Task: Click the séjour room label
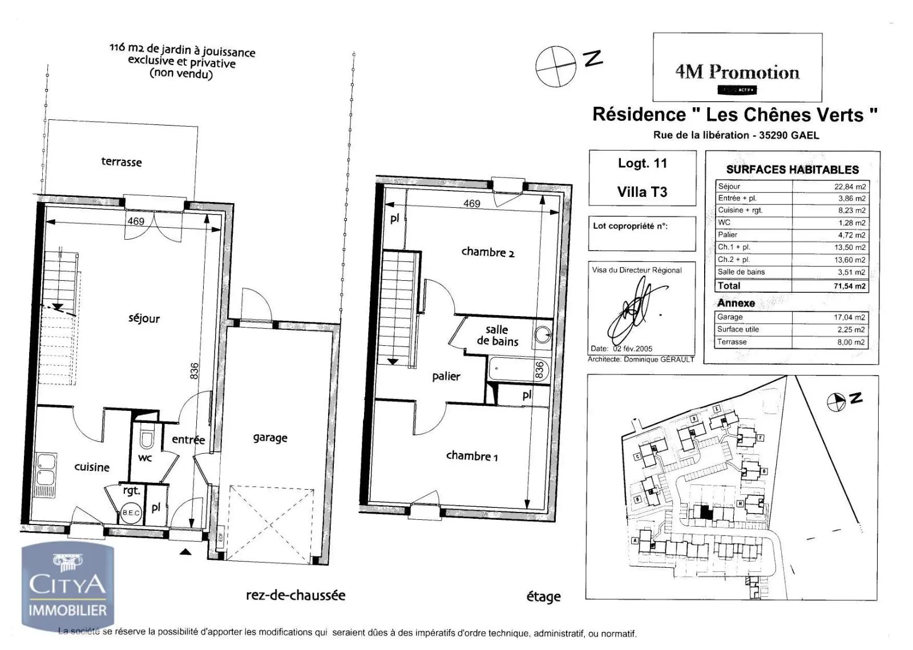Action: coord(144,318)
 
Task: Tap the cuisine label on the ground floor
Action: coord(92,467)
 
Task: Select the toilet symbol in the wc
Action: coord(147,439)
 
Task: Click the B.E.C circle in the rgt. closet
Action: coord(131,512)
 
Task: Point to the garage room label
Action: coord(270,438)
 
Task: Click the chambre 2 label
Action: coord(487,252)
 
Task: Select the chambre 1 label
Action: coord(471,455)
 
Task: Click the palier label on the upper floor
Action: coord(446,376)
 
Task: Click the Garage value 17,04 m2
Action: coord(849,317)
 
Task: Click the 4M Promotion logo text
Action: coord(737,72)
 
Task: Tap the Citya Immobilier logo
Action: coord(67,588)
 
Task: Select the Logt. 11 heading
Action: coord(642,163)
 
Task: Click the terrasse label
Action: coord(121,162)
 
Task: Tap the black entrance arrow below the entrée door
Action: coord(185,551)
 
